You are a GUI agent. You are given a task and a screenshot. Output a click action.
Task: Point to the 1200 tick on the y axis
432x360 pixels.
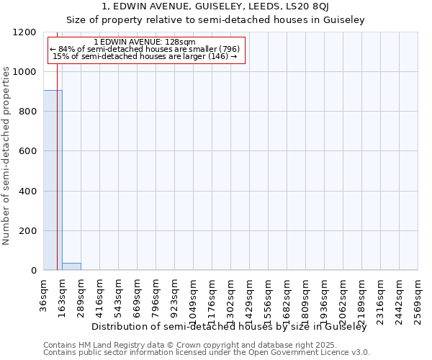[27, 32]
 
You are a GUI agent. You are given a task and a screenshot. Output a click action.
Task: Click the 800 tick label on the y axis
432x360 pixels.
[27, 112]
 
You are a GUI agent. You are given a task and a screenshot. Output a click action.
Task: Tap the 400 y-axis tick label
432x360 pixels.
[27, 191]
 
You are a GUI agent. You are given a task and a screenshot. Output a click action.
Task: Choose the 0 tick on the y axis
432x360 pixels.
[33, 270]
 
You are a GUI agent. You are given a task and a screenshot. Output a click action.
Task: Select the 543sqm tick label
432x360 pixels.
[119, 294]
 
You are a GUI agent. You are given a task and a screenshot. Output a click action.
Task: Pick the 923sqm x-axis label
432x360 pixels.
[175, 294]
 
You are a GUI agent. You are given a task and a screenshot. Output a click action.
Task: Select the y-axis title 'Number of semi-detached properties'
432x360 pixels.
[7, 151]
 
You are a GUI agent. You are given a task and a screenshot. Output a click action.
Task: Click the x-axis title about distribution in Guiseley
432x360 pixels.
[230, 326]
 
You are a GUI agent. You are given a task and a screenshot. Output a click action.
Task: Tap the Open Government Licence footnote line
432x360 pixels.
[207, 352]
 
